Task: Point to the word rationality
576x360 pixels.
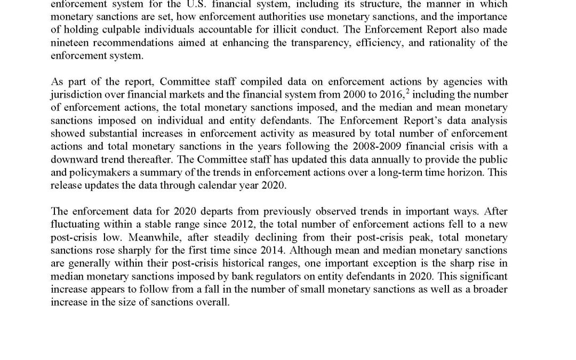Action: (450, 43)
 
